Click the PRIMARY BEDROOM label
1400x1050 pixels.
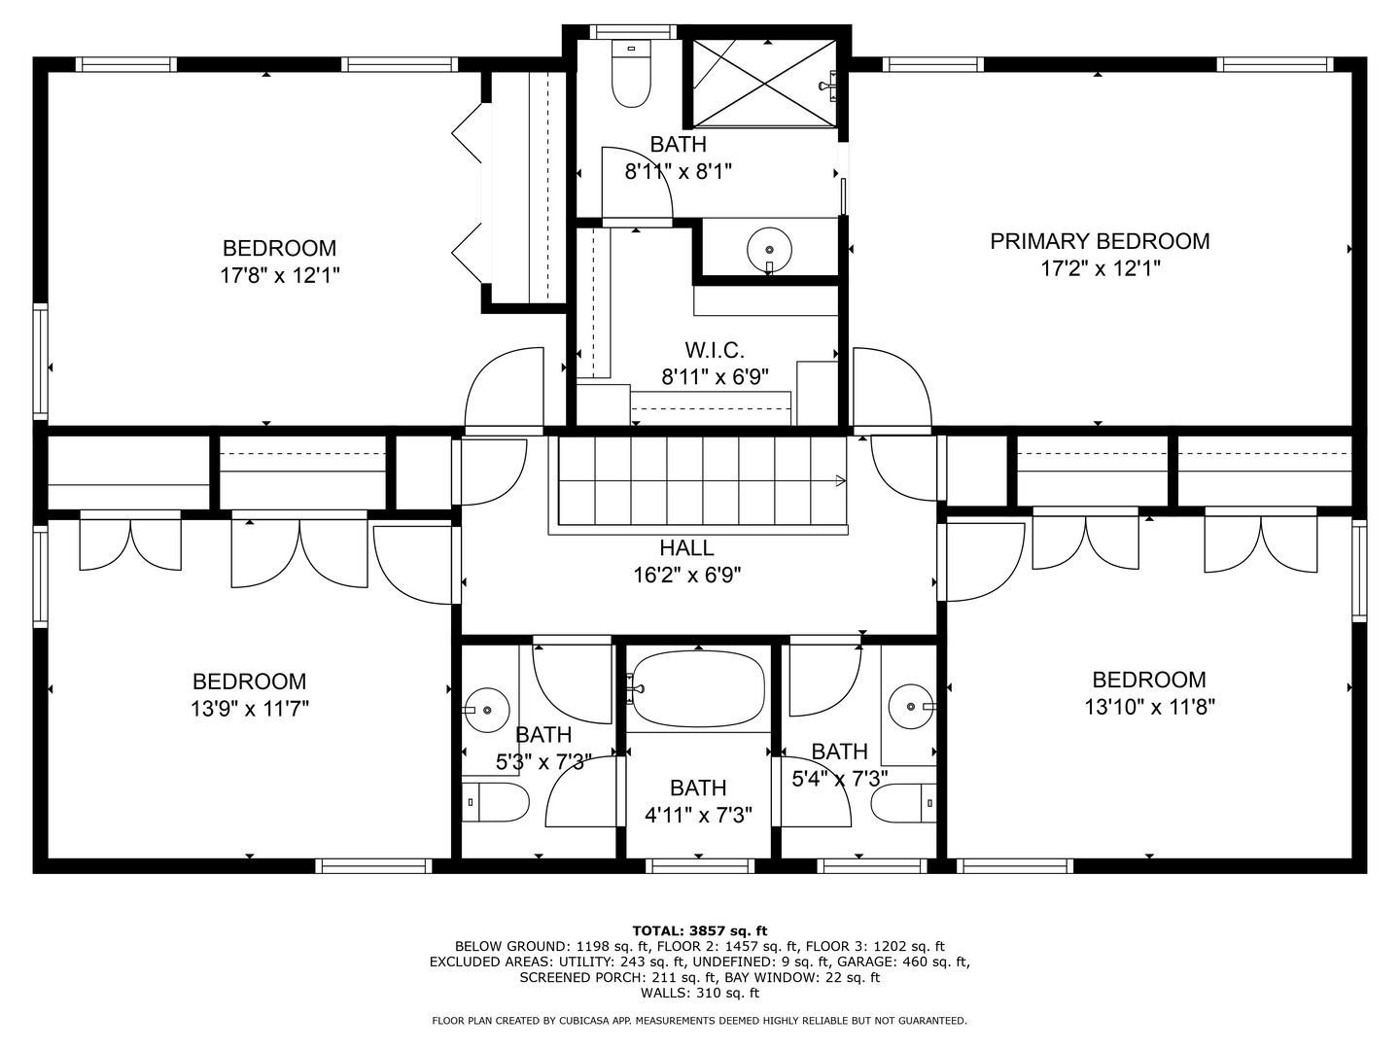tap(1100, 241)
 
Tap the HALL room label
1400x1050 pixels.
tap(686, 548)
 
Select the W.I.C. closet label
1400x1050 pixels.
tap(715, 350)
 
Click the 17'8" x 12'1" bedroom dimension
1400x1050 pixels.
tap(279, 276)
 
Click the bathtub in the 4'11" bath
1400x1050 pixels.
tap(697, 689)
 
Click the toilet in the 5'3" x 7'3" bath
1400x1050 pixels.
tap(496, 802)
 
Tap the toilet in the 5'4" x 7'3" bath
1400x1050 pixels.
tap(903, 803)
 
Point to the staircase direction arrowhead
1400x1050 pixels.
tap(840, 480)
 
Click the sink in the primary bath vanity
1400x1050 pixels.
tap(769, 249)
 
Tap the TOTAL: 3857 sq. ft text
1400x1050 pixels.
tap(699, 930)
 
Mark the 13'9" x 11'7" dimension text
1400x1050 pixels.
tap(250, 709)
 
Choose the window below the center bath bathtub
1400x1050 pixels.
tap(698, 865)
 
